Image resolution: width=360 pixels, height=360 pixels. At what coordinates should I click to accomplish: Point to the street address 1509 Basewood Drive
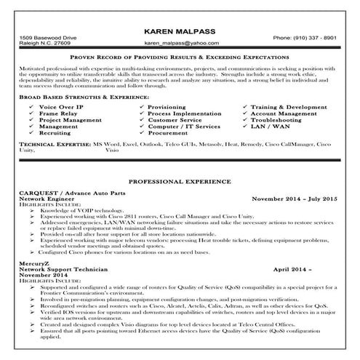[48, 37]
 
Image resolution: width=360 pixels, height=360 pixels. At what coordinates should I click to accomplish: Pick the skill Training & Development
[290, 107]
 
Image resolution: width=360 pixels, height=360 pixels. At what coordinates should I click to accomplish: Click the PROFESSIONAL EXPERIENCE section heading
[180, 180]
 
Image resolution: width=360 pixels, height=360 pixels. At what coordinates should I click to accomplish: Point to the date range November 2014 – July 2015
[295, 198]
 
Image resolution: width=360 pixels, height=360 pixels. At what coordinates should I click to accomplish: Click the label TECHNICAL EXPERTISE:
[55, 145]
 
